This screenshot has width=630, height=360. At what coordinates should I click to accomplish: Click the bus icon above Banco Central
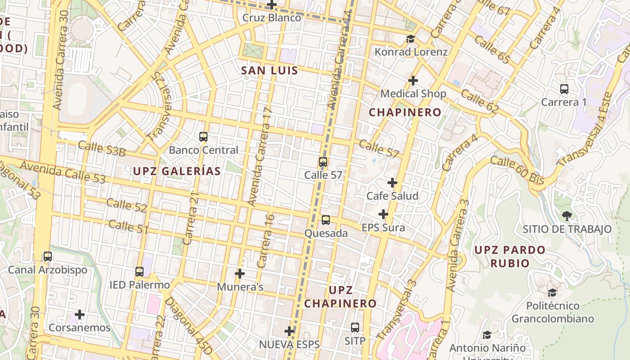coord(203,137)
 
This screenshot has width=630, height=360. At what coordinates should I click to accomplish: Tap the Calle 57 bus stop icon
coord(323,162)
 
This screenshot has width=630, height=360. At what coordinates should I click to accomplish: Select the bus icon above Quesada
coord(326,220)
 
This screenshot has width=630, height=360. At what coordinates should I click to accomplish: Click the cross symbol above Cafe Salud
coord(392,183)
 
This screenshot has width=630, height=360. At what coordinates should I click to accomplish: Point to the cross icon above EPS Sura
coord(383,214)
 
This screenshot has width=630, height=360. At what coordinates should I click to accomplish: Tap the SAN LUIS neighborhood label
coord(270,71)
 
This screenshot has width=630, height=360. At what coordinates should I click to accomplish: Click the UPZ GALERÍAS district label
coord(177,171)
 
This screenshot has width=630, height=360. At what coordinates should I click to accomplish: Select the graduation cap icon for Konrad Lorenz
coord(410,39)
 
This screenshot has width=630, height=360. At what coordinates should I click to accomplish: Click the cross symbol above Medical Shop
coord(413,81)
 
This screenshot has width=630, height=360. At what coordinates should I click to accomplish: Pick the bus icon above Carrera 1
coord(564,89)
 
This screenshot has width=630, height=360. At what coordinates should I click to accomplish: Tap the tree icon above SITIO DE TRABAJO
coord(567,216)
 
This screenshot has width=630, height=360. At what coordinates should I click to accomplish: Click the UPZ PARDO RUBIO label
coord(510,256)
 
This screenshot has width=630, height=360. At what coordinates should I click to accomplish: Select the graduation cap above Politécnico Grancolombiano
coord(553,293)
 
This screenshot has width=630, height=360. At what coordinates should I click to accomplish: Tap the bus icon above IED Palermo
coord(139,272)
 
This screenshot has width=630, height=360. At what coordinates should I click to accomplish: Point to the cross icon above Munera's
coord(240,274)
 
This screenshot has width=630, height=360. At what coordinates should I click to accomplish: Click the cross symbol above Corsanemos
coord(80,315)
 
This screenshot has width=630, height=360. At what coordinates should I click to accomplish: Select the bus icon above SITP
coord(355,328)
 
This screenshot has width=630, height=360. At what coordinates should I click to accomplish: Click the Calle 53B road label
coord(102,148)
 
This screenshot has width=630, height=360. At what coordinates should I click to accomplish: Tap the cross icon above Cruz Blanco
coord(272,5)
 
